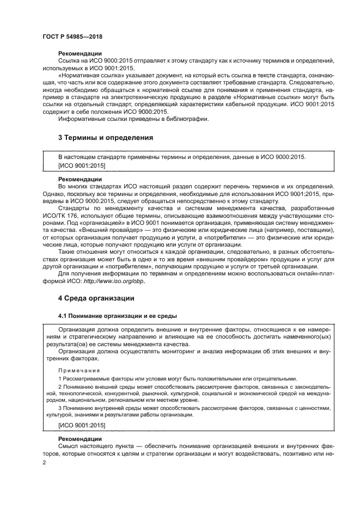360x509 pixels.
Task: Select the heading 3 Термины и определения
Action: [105, 138]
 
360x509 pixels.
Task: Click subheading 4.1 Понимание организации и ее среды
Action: [117, 316]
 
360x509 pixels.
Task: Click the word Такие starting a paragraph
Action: [68, 252]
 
